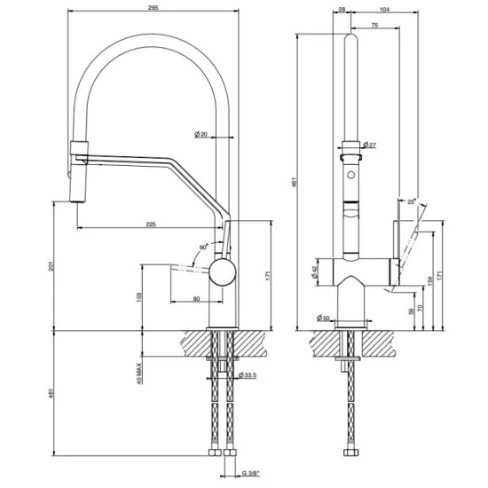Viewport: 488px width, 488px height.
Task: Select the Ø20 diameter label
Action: (x=201, y=134)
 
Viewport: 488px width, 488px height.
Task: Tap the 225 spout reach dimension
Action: (x=151, y=224)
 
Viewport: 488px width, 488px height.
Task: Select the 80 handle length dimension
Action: (x=195, y=299)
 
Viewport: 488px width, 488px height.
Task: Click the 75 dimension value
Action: (x=375, y=27)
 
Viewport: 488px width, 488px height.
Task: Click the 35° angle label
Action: (x=411, y=202)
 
